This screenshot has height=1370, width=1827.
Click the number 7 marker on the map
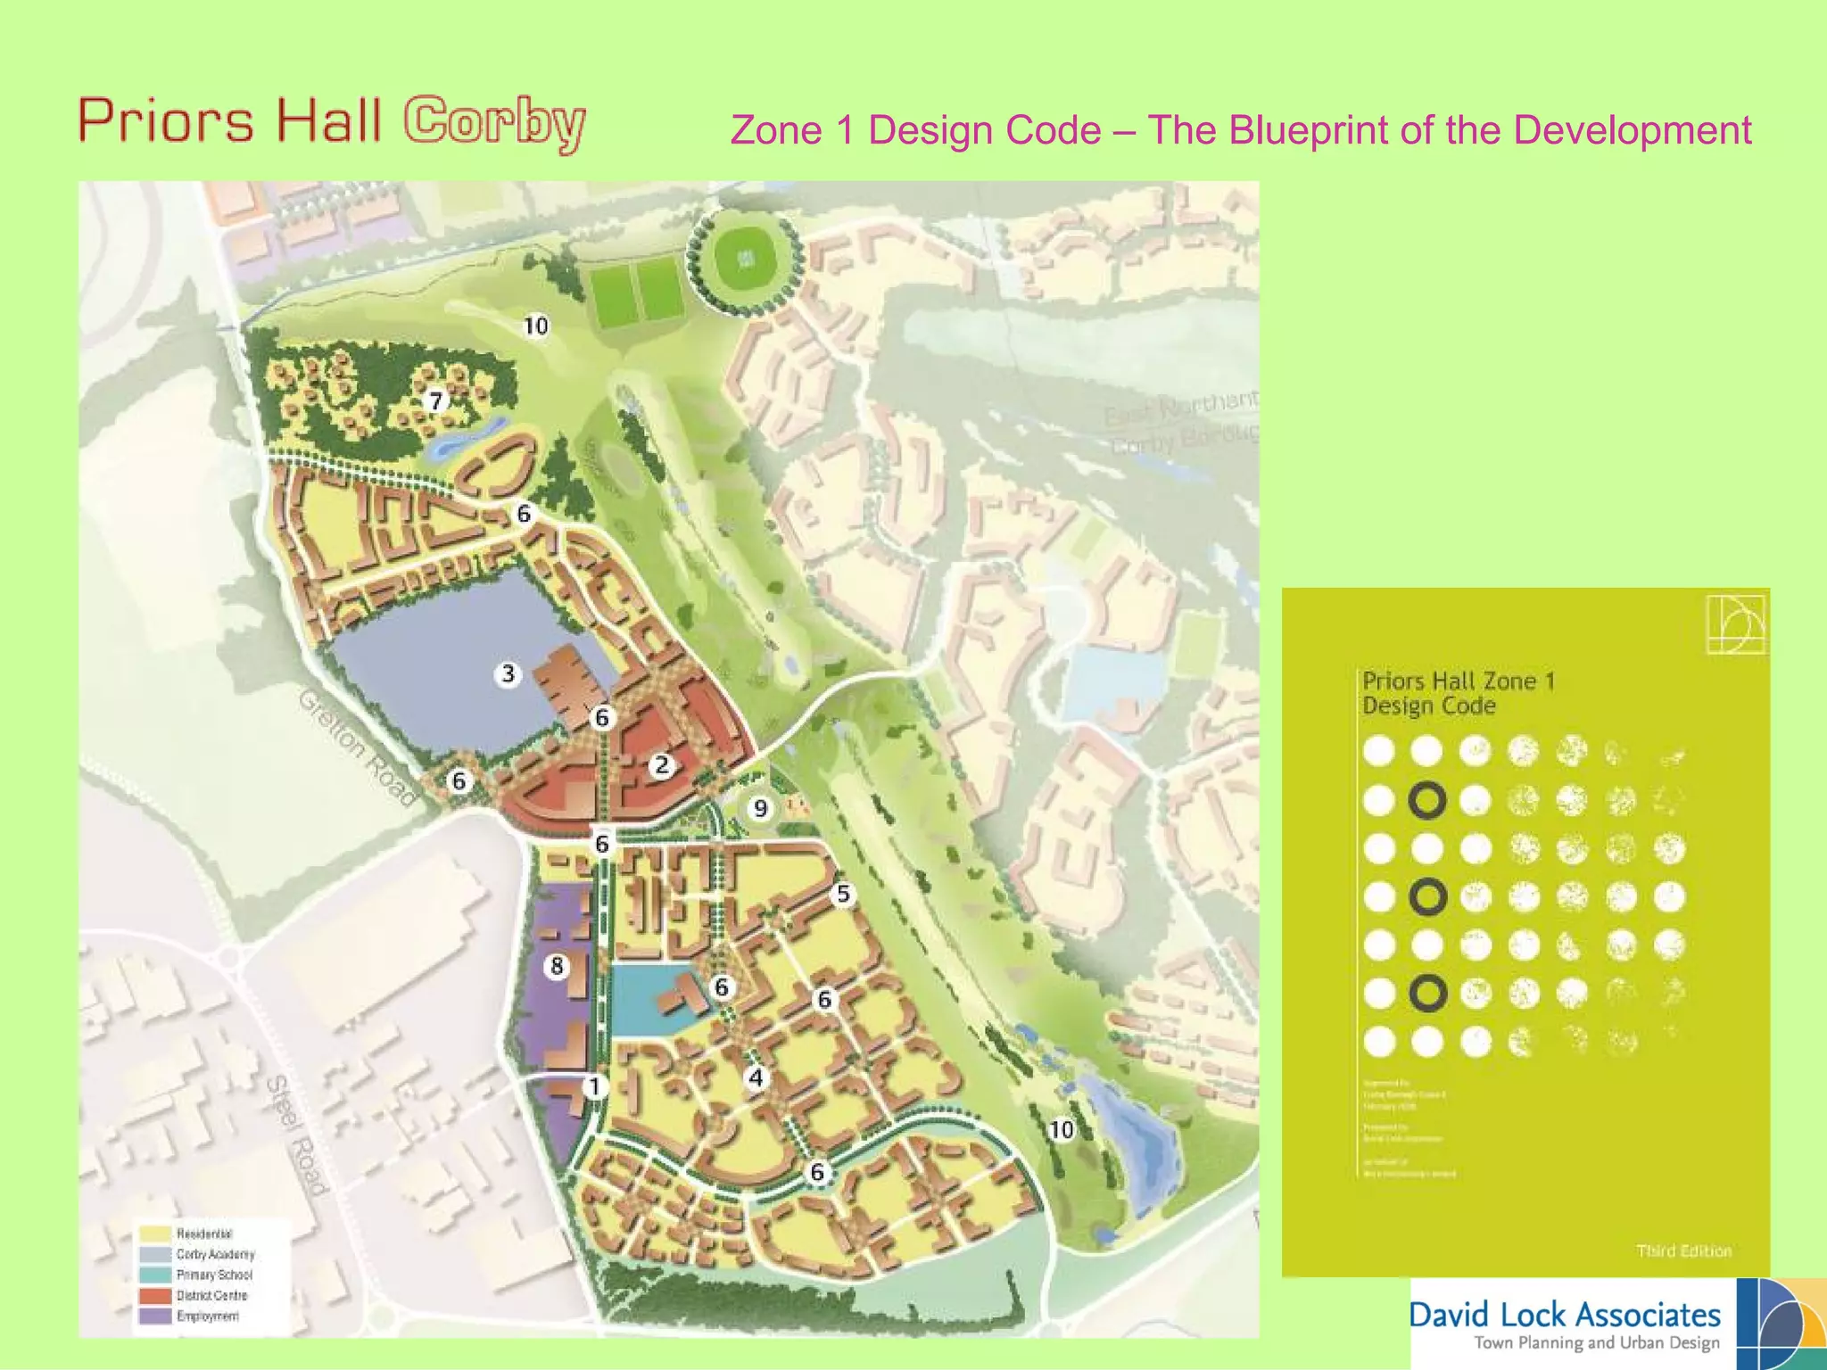(435, 400)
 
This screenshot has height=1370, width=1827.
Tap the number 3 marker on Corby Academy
(508, 673)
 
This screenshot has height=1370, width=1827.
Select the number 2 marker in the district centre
(661, 765)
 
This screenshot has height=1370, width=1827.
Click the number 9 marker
(760, 808)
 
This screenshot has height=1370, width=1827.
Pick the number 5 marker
(843, 894)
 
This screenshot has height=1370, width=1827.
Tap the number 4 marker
(756, 1077)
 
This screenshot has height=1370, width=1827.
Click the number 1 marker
(594, 1086)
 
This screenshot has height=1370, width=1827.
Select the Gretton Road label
(357, 747)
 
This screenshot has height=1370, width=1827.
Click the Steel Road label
(297, 1135)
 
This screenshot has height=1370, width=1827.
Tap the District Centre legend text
(211, 1295)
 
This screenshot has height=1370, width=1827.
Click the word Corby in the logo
(494, 123)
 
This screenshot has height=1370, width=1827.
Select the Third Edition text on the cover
(1683, 1251)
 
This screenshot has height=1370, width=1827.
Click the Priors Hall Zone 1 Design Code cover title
(1458, 693)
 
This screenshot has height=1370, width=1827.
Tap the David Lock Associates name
(1565, 1315)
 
